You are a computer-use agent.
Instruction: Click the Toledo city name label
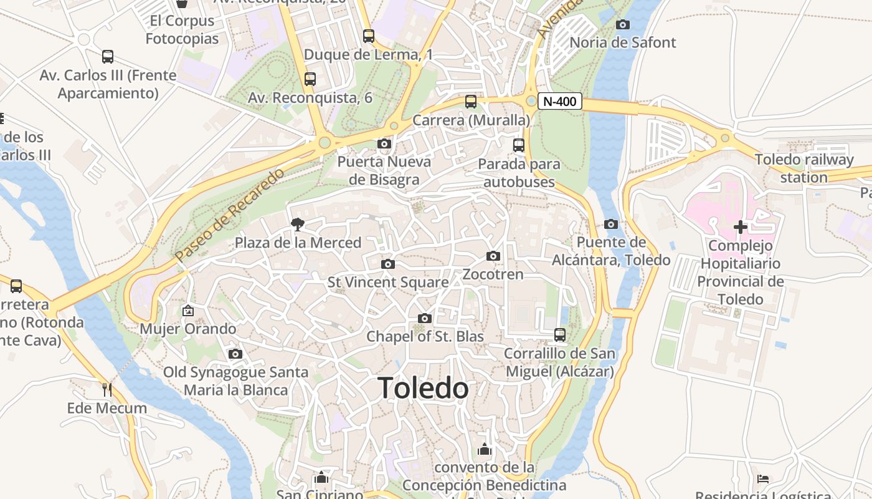(424, 388)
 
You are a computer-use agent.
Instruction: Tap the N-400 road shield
(560, 101)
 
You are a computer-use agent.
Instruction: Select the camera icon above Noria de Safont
(622, 25)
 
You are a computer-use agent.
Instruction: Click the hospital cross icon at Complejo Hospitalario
(740, 226)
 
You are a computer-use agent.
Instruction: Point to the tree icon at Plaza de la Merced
(298, 224)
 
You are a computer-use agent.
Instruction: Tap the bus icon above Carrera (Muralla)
(471, 101)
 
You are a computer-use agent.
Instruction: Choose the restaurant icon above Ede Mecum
(107, 390)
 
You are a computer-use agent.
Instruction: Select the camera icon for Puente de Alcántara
(611, 224)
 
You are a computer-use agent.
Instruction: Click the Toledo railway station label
(804, 168)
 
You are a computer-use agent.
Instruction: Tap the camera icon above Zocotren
(493, 256)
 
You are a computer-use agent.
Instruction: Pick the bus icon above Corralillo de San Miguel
(560, 335)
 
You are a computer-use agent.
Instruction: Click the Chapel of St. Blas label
(425, 336)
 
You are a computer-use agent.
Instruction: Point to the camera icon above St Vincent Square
(388, 264)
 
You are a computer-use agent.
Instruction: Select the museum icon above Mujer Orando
(188, 310)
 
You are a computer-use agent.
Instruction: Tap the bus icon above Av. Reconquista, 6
(310, 79)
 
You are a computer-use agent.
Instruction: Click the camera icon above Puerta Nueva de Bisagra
(384, 144)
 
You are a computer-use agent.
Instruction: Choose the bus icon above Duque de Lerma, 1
(369, 36)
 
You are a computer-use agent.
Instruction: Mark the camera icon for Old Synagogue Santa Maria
(235, 354)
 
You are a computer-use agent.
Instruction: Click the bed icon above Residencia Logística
(763, 479)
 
